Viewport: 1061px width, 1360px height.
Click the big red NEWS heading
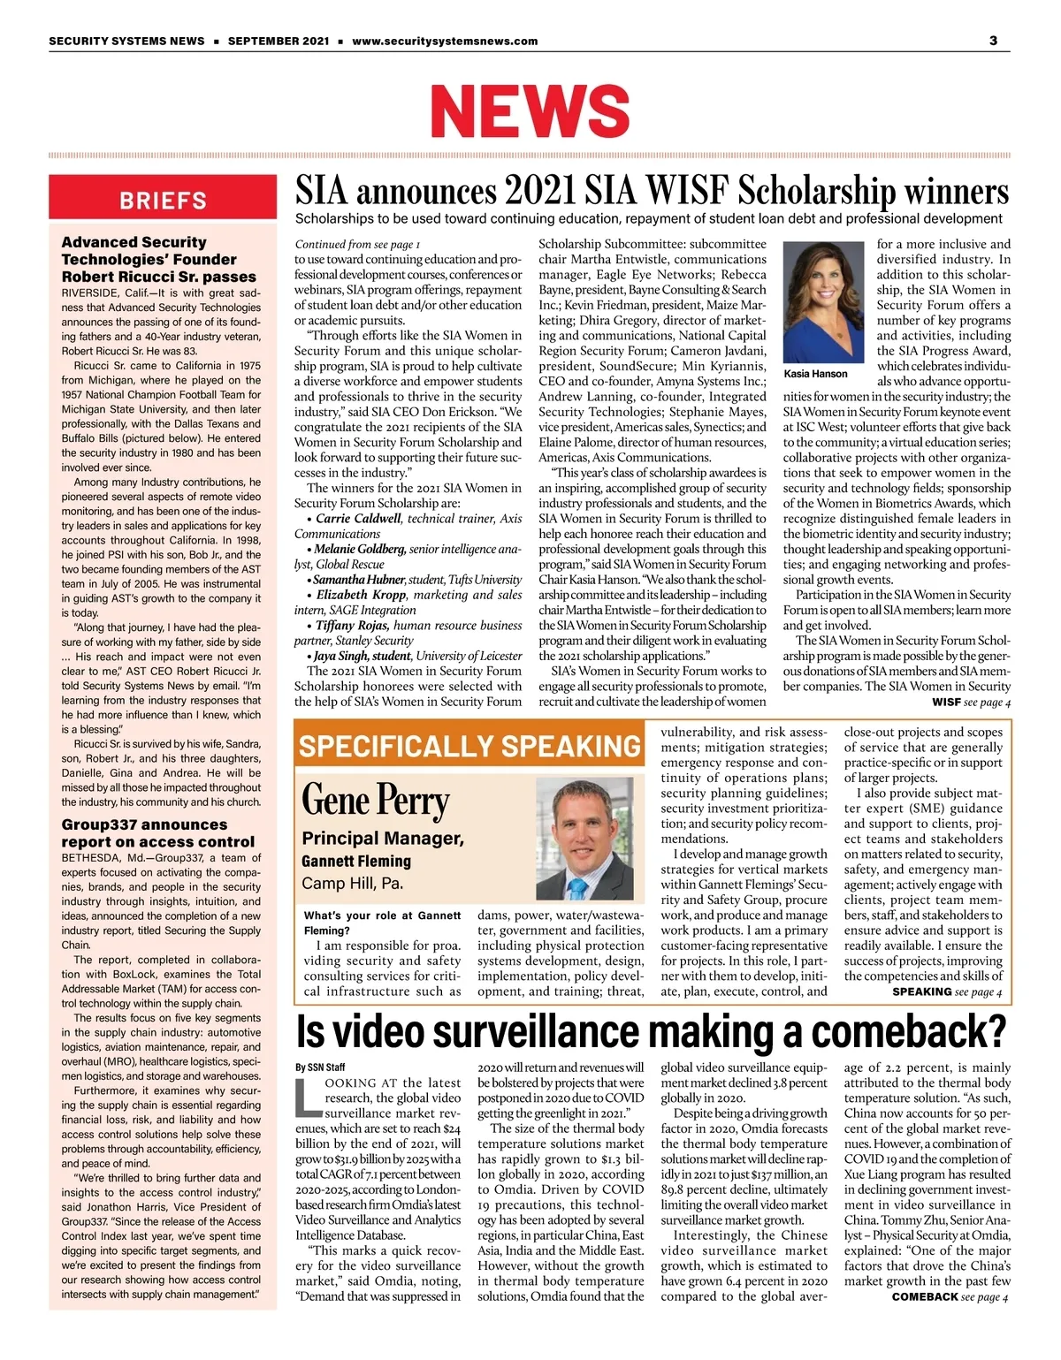tap(530, 110)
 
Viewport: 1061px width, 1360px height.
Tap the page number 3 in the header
tap(993, 41)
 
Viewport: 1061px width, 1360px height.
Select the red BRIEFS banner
tap(163, 201)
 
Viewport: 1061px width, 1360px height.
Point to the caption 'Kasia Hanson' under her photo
tap(815, 374)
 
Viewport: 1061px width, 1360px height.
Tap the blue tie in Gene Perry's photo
tap(578, 887)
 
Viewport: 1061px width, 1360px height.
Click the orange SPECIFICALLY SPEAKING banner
tap(469, 747)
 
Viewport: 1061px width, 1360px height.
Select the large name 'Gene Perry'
tap(376, 801)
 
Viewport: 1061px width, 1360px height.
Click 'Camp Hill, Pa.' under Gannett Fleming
tap(352, 883)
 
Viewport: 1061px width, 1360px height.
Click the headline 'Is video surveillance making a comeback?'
tap(651, 1031)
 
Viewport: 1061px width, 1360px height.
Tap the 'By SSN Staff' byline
tap(320, 1067)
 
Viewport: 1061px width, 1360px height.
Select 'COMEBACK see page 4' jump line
tap(950, 1296)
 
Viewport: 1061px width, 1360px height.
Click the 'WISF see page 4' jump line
tap(971, 703)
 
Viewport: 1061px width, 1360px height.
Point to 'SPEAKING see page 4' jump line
tap(947, 992)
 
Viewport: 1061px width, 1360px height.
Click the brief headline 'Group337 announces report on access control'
tap(157, 833)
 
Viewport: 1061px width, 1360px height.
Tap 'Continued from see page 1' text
tap(357, 244)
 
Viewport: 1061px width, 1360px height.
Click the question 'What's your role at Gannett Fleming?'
tap(382, 923)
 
